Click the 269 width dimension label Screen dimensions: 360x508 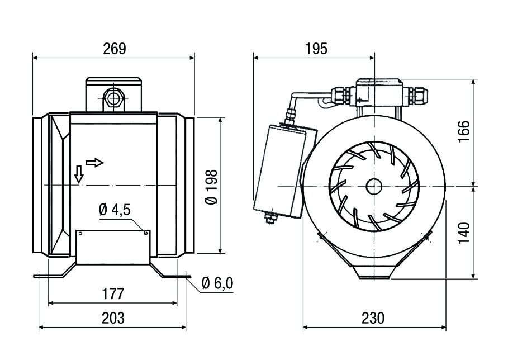[x=114, y=49]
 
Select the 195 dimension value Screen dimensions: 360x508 [x=316, y=49]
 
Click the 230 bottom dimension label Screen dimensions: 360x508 [x=373, y=318]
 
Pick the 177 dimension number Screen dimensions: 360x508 [x=113, y=294]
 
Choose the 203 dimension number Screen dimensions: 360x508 [x=113, y=318]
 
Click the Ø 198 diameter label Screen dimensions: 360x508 [x=212, y=186]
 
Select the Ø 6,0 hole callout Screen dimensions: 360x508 [x=216, y=284]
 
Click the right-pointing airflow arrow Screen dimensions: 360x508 [x=95, y=163]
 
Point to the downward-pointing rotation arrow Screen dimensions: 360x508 [x=79, y=174]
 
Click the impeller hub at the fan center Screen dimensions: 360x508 [x=372, y=186]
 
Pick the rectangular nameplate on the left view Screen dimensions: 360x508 [x=113, y=247]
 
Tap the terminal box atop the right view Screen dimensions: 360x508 [x=378, y=92]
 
